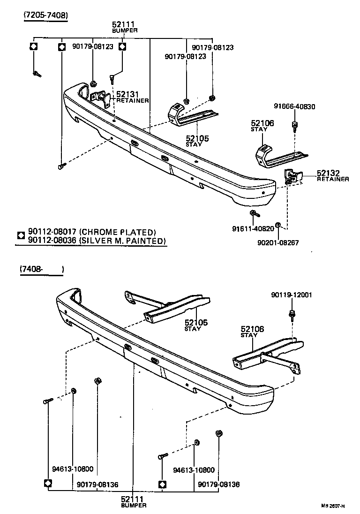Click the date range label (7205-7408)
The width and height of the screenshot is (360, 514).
pos(46,15)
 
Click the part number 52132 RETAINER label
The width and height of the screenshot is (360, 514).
pos(332,175)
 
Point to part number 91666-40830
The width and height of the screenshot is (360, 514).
pos(295,106)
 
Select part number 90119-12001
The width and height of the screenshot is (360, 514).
pos(292,295)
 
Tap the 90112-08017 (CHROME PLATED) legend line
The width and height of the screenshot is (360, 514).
pos(91,232)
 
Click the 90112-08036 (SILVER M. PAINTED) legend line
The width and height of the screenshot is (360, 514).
pos(97,241)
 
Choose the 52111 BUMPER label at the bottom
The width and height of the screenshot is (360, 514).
pos(133,501)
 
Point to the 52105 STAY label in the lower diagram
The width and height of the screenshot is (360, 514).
pos(195,325)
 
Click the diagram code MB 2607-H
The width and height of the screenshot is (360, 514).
pos(333,506)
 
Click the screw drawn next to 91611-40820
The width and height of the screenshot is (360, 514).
pos(254,214)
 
